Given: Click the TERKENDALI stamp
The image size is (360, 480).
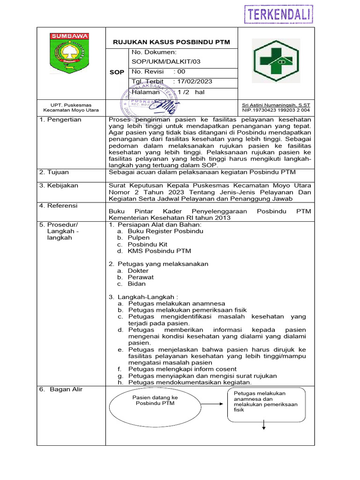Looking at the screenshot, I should click(x=278, y=14).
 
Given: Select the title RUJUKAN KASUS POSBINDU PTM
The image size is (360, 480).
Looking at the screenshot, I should click(x=172, y=42).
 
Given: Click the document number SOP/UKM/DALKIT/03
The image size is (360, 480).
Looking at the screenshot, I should click(x=161, y=61).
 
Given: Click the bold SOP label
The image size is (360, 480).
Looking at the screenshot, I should click(x=117, y=72).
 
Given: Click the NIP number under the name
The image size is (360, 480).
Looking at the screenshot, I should click(x=276, y=110).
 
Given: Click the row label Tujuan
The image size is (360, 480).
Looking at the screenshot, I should click(x=59, y=172).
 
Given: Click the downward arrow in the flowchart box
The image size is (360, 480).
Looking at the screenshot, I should click(x=264, y=424).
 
